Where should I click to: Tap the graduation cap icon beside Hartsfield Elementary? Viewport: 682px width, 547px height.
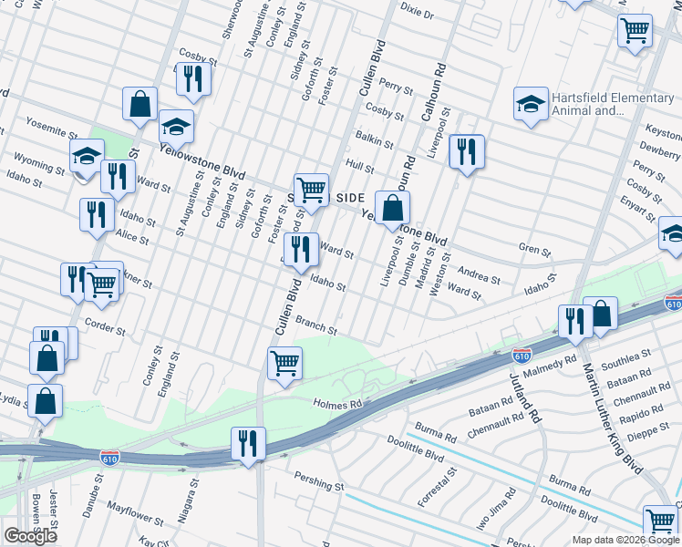[x=530, y=105]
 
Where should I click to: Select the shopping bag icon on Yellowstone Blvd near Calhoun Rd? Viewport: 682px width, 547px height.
[x=391, y=208]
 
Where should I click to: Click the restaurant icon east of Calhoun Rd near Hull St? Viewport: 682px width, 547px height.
[x=466, y=151]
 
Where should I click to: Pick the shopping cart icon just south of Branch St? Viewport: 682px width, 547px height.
[x=284, y=363]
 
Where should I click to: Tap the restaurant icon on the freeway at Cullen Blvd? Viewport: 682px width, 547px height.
[x=248, y=444]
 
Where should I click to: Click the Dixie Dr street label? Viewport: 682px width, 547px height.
[x=417, y=15]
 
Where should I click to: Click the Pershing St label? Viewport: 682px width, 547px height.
[x=318, y=480]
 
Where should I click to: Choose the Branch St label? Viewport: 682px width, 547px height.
[x=317, y=325]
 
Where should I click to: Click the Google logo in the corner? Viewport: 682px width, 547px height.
[x=30, y=536]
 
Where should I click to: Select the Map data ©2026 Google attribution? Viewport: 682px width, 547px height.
[x=625, y=540]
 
